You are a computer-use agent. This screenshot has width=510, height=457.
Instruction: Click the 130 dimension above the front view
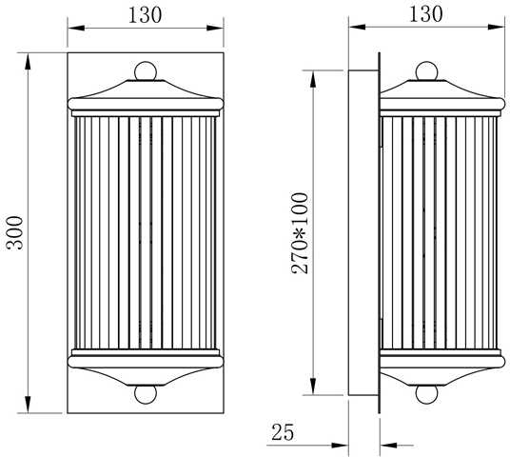point(145,15)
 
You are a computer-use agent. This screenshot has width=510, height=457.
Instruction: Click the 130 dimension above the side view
point(425,14)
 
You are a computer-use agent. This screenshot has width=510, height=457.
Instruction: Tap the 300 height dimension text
point(15,232)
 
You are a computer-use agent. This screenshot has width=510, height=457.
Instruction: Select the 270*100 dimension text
point(300,233)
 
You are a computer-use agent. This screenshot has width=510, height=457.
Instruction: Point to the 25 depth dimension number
point(283,432)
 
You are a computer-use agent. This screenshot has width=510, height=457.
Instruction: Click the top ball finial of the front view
point(146,71)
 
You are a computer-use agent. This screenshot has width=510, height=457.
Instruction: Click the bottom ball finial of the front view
point(146,394)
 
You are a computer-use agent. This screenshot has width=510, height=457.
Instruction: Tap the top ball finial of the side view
point(426,71)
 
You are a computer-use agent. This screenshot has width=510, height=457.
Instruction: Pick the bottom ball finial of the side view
point(426,394)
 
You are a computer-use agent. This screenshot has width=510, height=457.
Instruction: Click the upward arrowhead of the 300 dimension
point(28,61)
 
